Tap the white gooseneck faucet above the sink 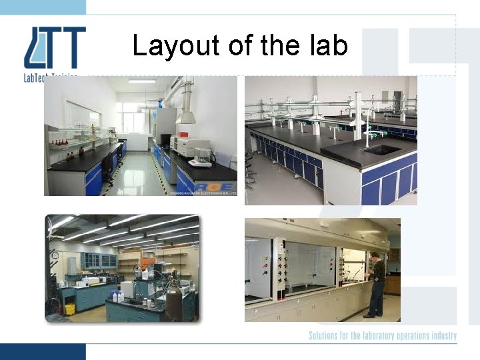point(369,126)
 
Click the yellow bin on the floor point(70,309)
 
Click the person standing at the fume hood point(377,284)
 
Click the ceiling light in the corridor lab point(141,81)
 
